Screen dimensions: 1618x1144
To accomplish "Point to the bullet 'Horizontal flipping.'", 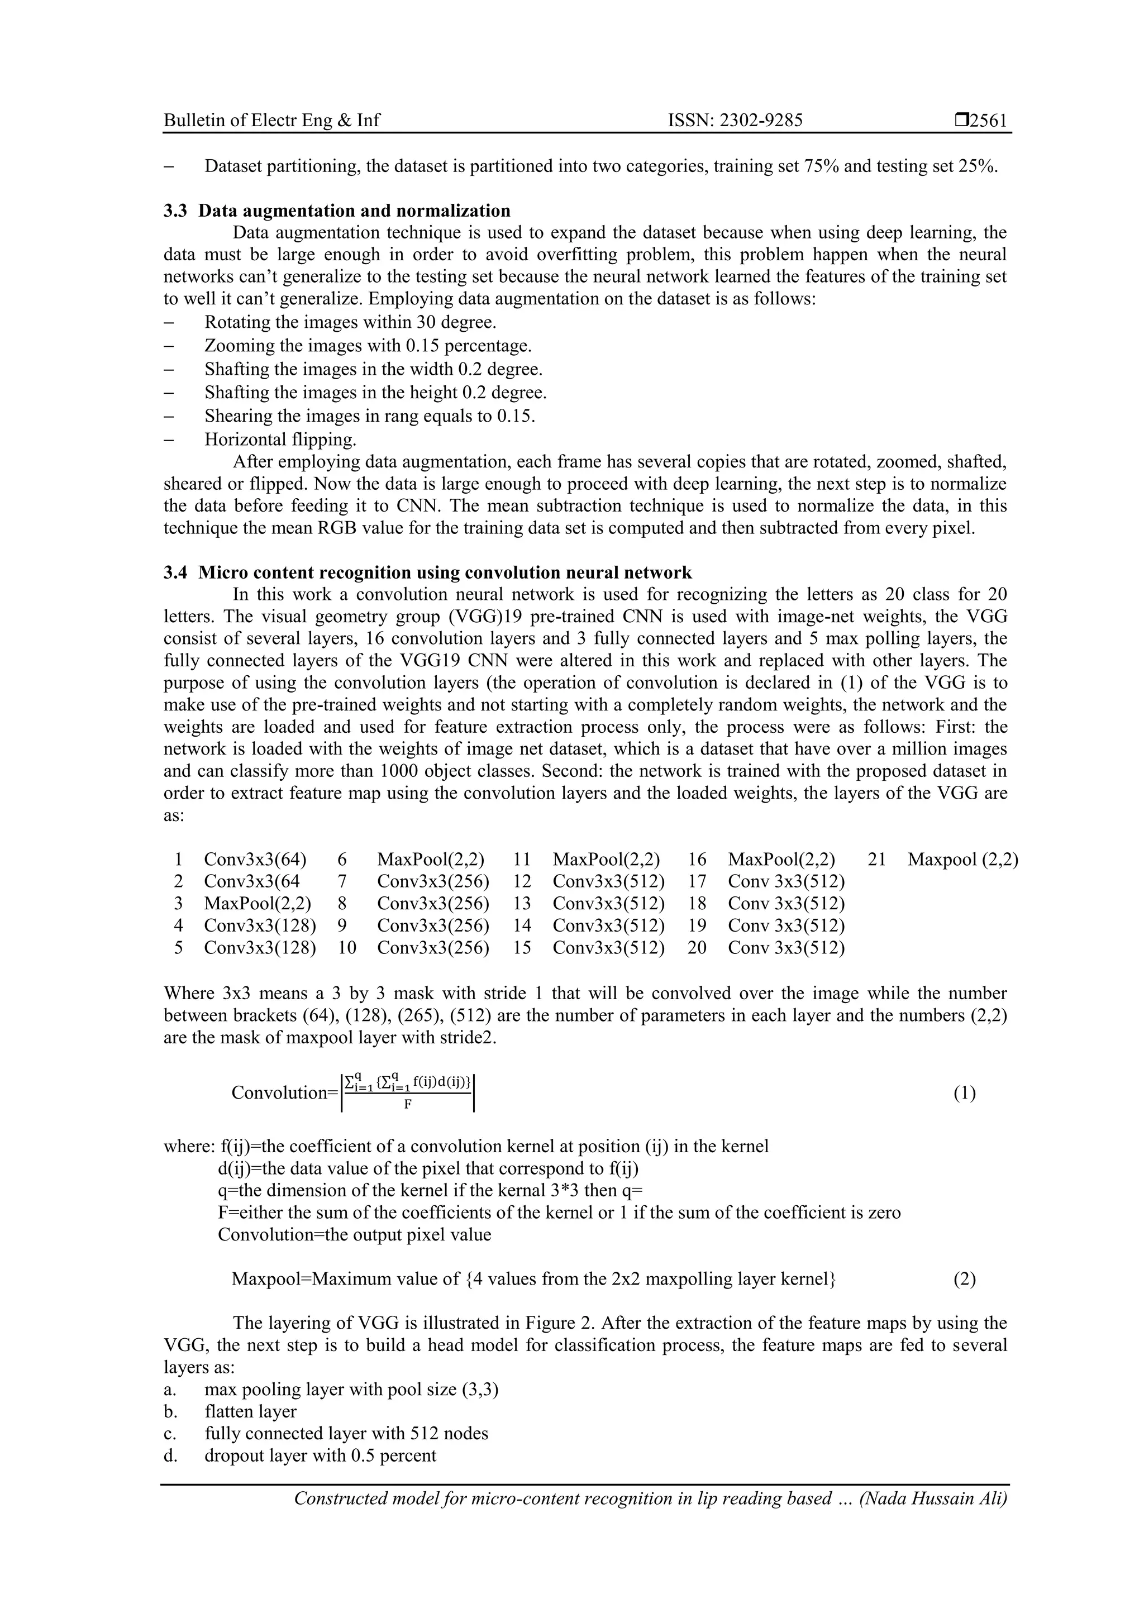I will [280, 440].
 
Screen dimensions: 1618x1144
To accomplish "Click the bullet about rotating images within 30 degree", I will [350, 322].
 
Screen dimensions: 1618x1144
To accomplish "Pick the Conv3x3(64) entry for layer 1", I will [255, 859].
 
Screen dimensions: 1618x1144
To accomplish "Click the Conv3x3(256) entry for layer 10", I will [433, 948].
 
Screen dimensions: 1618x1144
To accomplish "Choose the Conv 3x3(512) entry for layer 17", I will [786, 881].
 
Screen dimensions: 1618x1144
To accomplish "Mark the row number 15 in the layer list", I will [522, 948].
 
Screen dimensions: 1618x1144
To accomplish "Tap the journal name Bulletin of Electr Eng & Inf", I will [271, 121].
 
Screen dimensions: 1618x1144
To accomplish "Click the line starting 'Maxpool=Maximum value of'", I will [533, 1279].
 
